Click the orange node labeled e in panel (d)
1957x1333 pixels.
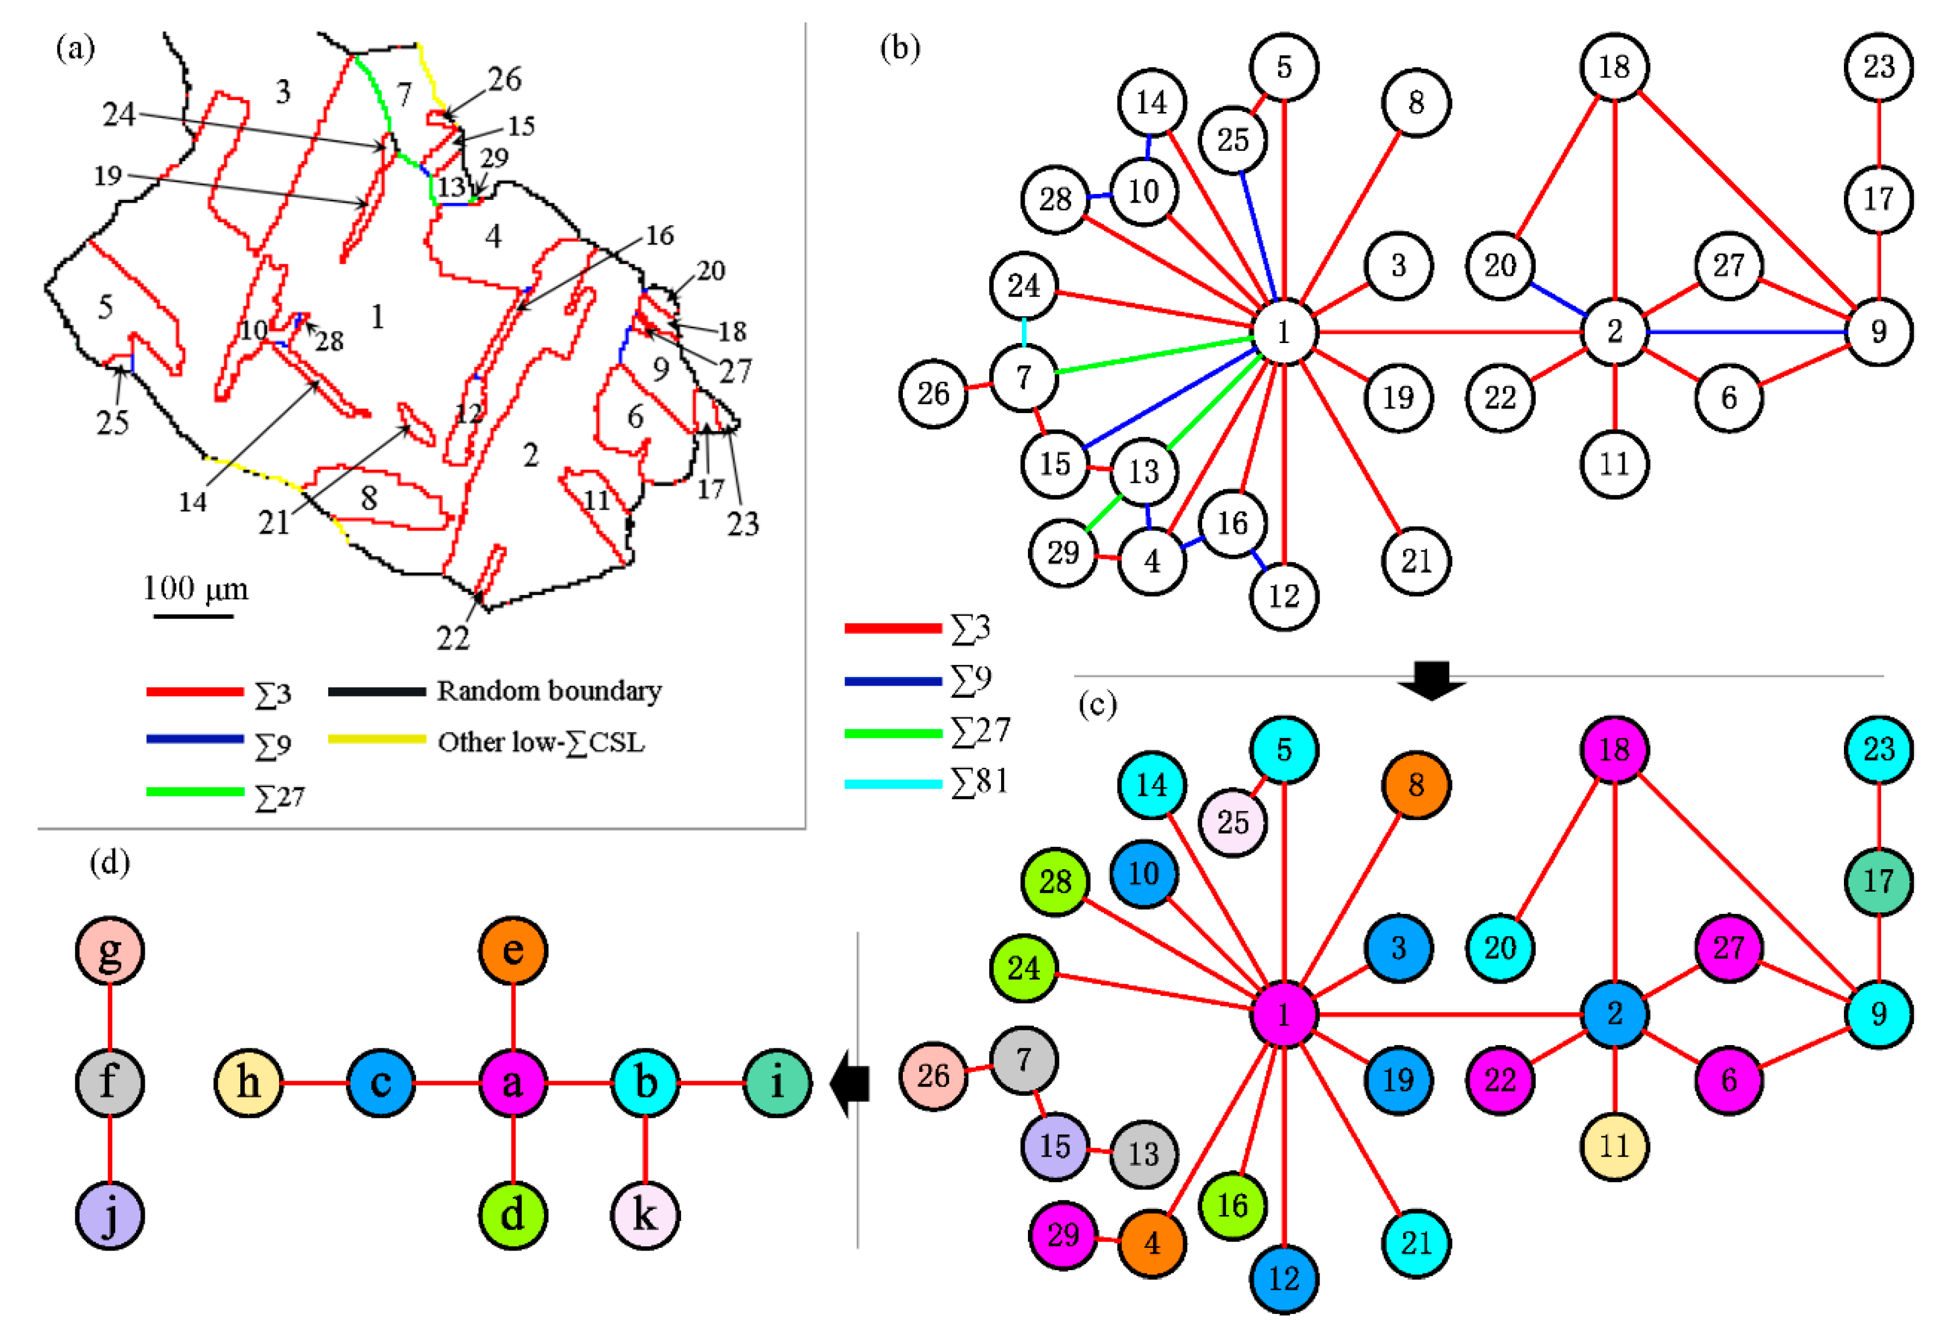(513, 951)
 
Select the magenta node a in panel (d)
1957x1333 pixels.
(513, 1083)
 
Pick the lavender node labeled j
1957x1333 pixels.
(109, 1215)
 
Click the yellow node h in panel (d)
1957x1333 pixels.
(249, 1083)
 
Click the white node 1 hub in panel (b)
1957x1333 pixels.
(1284, 332)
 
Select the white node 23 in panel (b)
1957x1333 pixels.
(1879, 67)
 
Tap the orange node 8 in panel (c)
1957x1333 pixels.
(1416, 785)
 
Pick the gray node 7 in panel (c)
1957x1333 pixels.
(1023, 1059)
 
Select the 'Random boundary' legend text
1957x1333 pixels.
(549, 691)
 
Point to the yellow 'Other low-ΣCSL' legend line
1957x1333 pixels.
(376, 739)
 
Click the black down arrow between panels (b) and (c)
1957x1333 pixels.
(1432, 680)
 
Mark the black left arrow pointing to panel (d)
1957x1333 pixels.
(850, 1083)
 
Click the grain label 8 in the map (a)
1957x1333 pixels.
(369, 498)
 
